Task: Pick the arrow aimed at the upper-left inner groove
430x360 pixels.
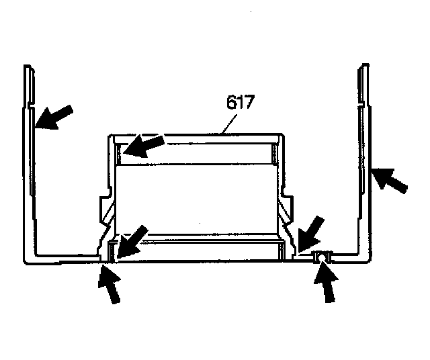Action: pyautogui.click(x=142, y=146)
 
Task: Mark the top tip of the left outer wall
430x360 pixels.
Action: pyautogui.click(x=27, y=67)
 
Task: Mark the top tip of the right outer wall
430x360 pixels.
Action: pyautogui.click(x=365, y=66)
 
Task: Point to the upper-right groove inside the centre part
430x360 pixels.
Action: pyautogui.click(x=276, y=155)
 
